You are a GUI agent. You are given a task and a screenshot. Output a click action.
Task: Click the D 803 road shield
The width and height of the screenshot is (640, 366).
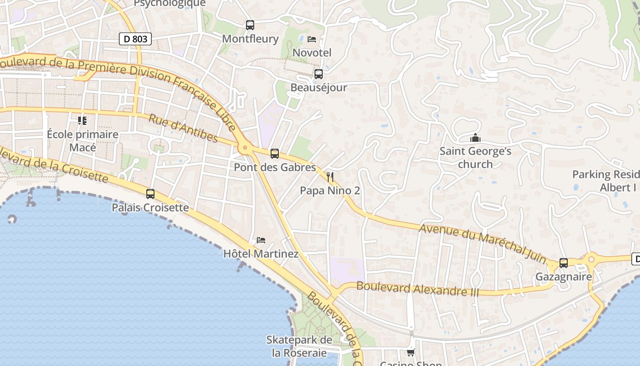(135, 39)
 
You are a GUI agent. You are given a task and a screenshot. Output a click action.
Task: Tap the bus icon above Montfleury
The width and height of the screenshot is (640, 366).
(250, 25)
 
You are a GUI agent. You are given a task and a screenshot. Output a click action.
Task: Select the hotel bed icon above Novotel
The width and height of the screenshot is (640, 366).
(312, 39)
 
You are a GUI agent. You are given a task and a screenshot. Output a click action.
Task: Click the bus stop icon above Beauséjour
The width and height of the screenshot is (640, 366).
(319, 74)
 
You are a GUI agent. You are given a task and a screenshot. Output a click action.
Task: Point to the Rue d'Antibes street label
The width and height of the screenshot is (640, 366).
(183, 128)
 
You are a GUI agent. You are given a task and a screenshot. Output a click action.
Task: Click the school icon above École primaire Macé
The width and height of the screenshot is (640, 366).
(82, 121)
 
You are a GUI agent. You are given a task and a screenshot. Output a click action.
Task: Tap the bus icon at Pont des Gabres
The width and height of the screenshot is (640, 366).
(275, 154)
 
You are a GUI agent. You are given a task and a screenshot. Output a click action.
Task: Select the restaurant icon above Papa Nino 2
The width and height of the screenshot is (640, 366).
(330, 177)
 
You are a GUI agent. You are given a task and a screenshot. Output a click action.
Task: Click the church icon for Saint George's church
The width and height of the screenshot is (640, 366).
(475, 138)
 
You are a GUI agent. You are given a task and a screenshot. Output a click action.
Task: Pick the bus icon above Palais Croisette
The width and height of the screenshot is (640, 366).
(150, 194)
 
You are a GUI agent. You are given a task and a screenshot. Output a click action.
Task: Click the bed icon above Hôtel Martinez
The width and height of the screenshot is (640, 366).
(261, 240)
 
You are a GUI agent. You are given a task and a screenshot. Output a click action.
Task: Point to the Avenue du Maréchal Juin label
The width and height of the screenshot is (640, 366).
(483, 243)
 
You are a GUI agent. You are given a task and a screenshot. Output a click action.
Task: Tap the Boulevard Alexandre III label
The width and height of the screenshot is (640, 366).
(417, 289)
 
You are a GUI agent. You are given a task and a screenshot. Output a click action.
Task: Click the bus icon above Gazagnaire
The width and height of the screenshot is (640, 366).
(564, 263)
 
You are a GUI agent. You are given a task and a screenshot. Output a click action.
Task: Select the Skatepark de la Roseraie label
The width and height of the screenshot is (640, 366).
(299, 346)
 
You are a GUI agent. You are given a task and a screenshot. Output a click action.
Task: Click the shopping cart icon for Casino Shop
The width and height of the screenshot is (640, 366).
(411, 352)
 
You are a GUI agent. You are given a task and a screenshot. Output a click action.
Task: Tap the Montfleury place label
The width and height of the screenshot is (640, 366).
(250, 39)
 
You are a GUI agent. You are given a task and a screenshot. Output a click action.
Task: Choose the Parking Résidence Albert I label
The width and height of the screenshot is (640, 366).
(606, 181)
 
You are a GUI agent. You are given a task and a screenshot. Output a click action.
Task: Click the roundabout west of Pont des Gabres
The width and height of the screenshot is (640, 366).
(245, 147)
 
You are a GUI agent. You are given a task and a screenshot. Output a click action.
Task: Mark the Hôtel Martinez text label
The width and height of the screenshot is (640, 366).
(261, 253)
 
